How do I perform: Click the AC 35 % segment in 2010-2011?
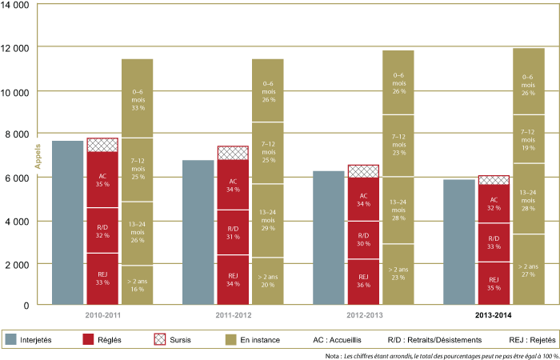pyautogui.click(x=102, y=179)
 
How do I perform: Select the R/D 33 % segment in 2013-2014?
pyautogui.click(x=494, y=242)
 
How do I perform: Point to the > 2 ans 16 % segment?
pyautogui.click(x=137, y=285)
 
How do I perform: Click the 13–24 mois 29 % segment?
pyautogui.click(x=268, y=220)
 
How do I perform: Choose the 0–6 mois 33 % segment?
pyautogui.click(x=137, y=98)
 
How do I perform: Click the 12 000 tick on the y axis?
pyautogui.click(x=17, y=48)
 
